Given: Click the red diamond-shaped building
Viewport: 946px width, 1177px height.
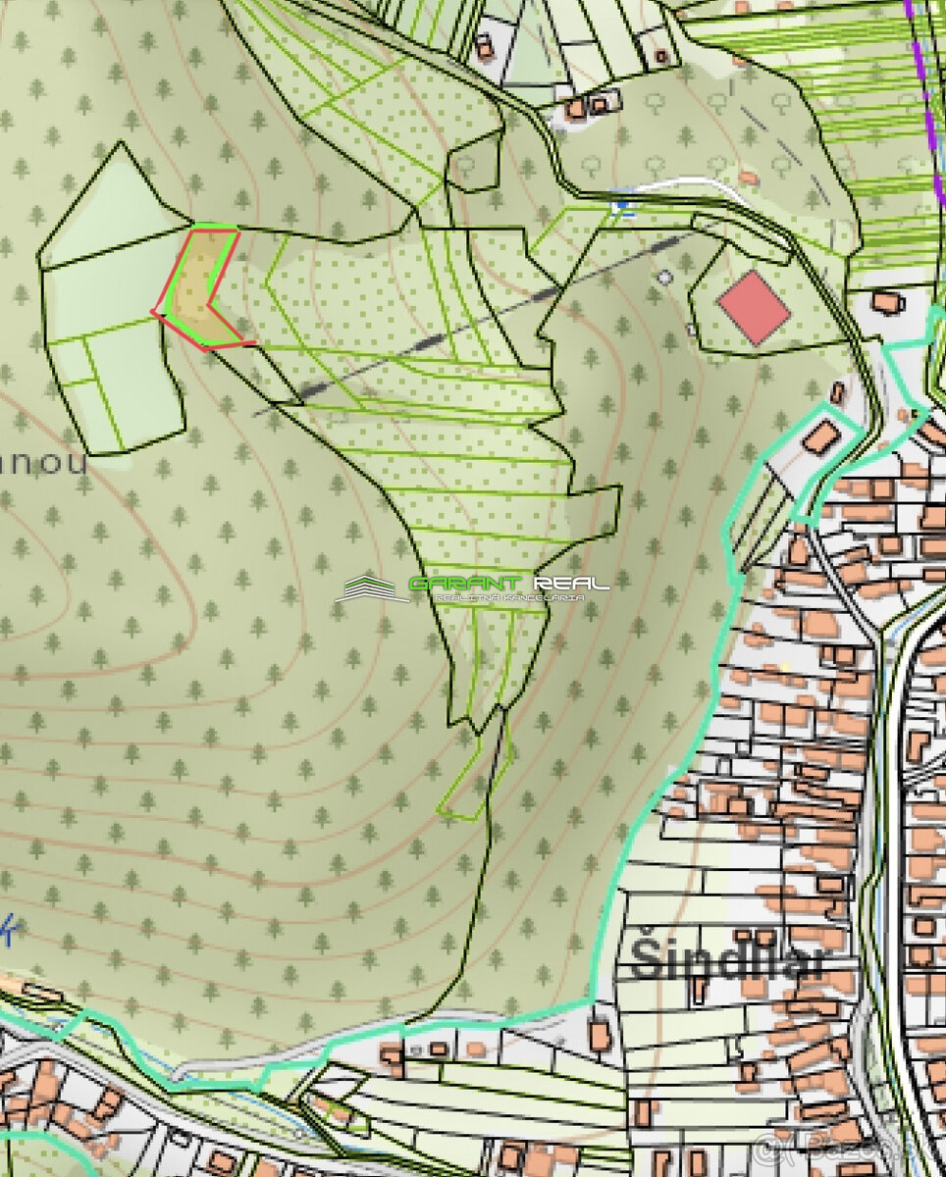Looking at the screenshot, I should click(x=754, y=307).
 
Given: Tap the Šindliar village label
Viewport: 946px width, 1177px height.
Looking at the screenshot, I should click(x=726, y=959).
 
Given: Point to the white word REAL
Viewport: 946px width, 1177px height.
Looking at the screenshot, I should click(x=572, y=584).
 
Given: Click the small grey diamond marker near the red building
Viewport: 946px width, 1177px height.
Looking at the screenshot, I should click(x=665, y=278).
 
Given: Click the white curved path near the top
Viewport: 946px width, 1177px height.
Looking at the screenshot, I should click(x=687, y=183).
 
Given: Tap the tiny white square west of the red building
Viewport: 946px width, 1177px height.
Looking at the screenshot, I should click(x=692, y=331).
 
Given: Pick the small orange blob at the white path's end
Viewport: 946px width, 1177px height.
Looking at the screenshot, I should click(x=749, y=178).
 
